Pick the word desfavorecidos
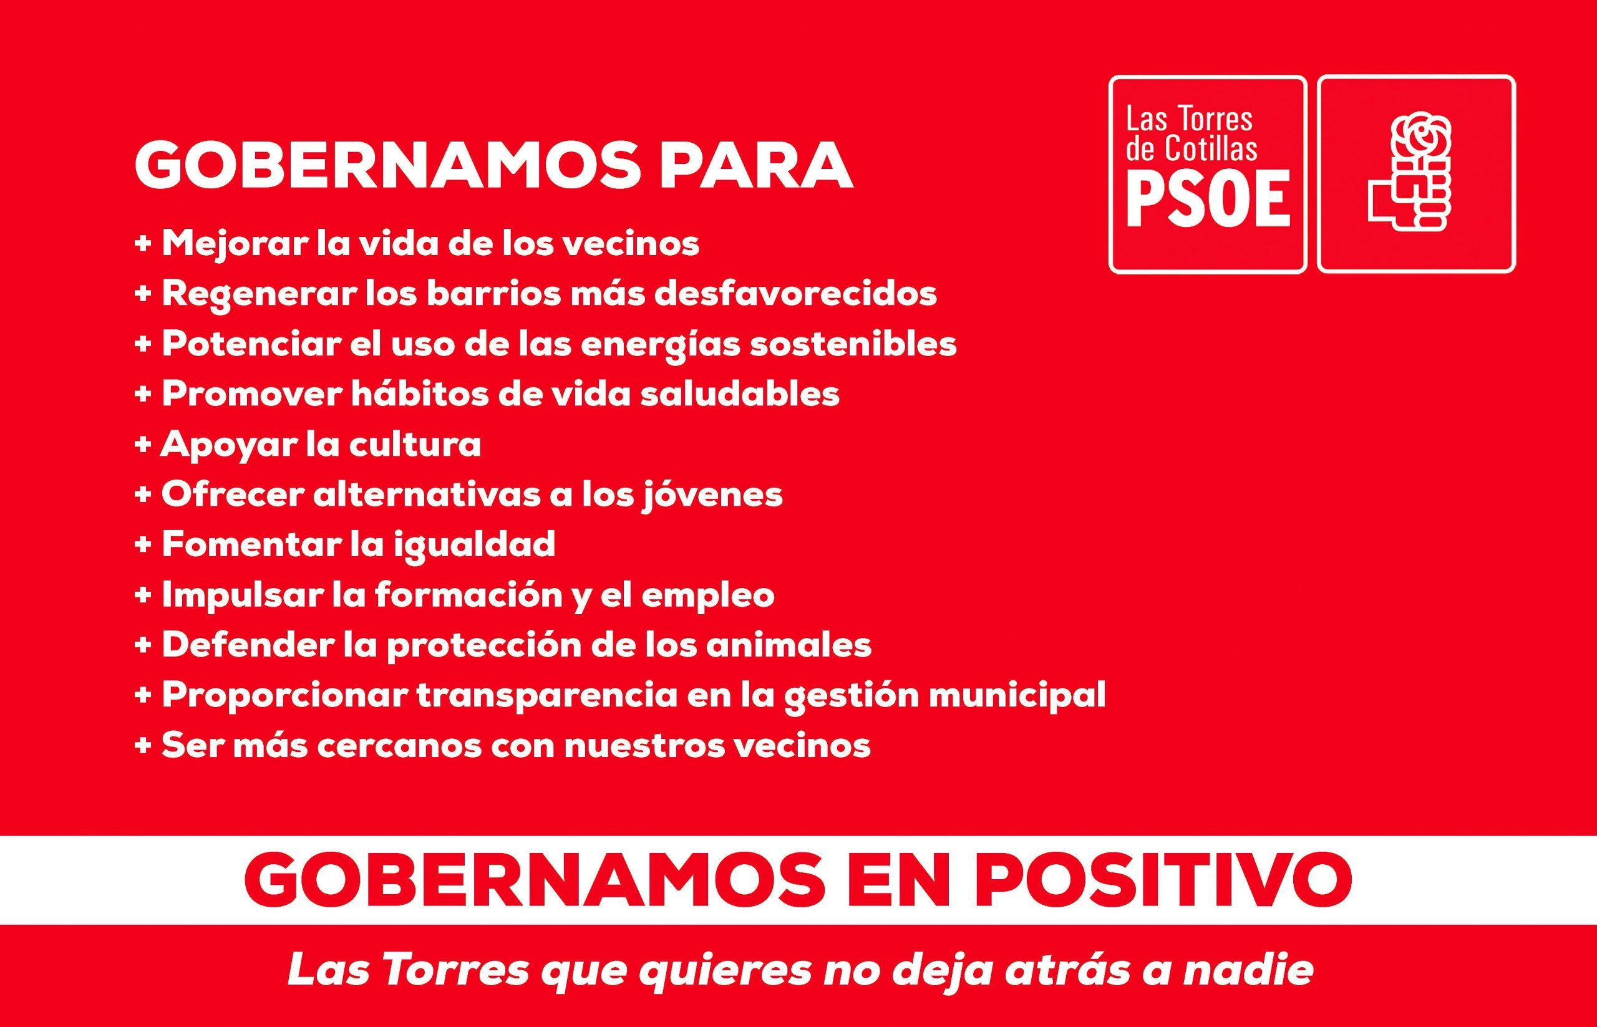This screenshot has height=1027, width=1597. pyautogui.click(x=796, y=294)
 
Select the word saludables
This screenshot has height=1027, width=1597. pyautogui.click(x=740, y=394)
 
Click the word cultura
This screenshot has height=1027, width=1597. pyautogui.click(x=415, y=445)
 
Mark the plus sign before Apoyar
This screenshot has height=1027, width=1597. pyautogui.click(x=143, y=445)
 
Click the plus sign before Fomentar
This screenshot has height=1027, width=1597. pyautogui.click(x=143, y=545)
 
